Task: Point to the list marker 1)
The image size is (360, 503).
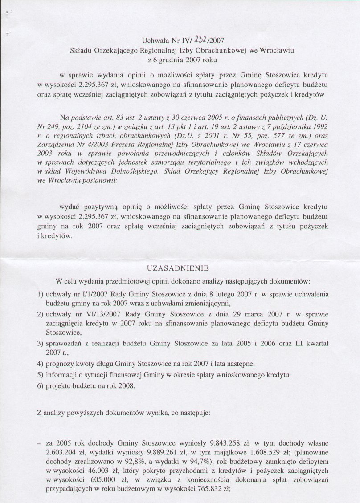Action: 40,295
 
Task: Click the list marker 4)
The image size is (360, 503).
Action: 40,364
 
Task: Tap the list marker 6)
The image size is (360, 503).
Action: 40,385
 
